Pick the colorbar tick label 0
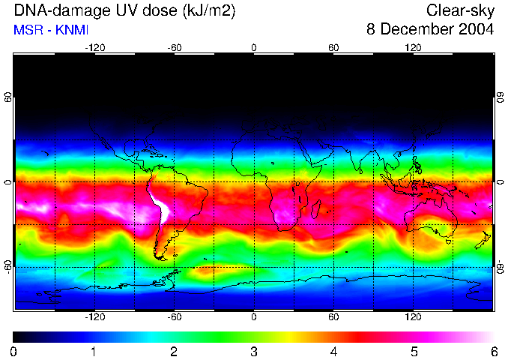pyautogui.click(x=13, y=351)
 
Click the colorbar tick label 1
pyautogui.click(x=94, y=351)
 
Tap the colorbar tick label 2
pyautogui.click(x=174, y=351)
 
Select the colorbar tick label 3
pyautogui.click(x=254, y=351)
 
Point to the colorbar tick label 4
pyautogui.click(x=333, y=351)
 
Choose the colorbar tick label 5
pyautogui.click(x=414, y=351)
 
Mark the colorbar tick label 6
pyautogui.click(x=493, y=351)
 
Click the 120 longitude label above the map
pyautogui.click(x=414, y=47)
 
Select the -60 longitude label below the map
pyautogui.click(x=174, y=316)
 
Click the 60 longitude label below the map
pyautogui.click(x=333, y=316)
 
